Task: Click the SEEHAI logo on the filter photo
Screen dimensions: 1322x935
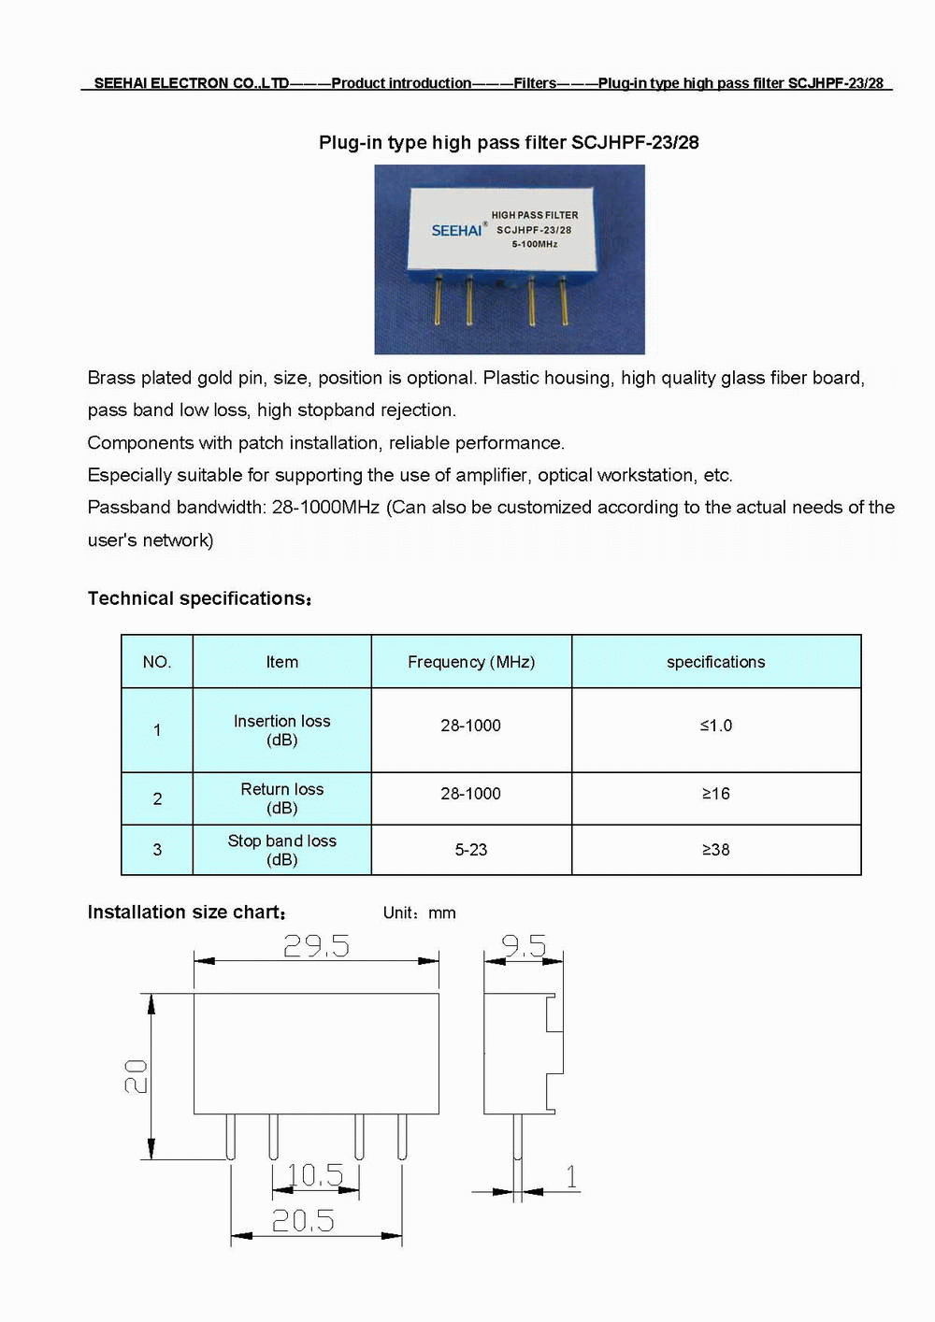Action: (456, 230)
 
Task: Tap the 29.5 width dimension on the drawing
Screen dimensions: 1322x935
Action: (316, 946)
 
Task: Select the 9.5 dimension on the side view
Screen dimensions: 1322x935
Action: (524, 946)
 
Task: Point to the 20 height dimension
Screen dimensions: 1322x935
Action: (136, 1076)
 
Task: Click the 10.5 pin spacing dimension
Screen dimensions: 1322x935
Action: (315, 1174)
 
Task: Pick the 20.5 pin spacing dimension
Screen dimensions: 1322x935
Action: (303, 1220)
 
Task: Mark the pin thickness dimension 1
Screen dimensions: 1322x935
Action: (571, 1176)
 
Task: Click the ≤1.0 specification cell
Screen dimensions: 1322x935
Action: (716, 726)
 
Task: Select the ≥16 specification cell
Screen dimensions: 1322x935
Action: (716, 794)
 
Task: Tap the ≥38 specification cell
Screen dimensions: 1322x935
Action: (716, 850)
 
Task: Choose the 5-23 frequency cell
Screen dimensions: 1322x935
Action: (471, 850)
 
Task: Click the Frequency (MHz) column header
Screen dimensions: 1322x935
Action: (471, 662)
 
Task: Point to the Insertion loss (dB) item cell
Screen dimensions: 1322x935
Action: (282, 730)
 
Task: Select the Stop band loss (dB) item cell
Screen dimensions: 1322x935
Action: (282, 850)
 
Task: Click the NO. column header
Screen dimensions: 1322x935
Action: (157, 662)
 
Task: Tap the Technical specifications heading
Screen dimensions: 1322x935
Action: (199, 598)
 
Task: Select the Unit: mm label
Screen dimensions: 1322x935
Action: (420, 913)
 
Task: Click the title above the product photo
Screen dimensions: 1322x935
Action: (509, 143)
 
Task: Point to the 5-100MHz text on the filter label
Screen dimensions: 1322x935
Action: (535, 244)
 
